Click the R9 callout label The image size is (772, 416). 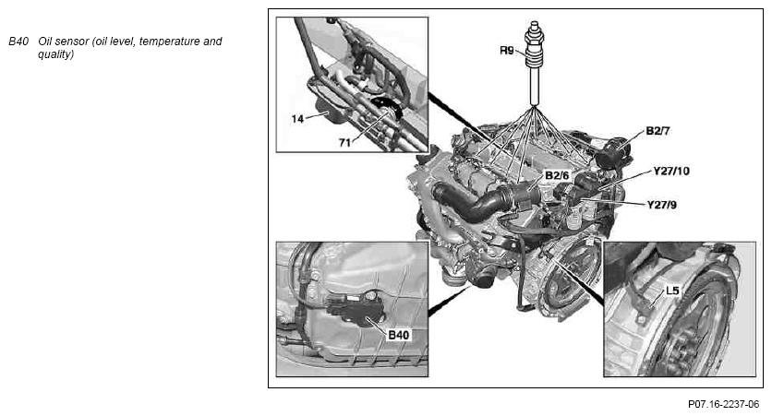point(507,51)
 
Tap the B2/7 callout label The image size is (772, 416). point(657,131)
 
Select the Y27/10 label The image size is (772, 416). point(671,172)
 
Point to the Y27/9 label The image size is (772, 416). point(662,205)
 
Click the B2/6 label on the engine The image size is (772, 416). point(557,175)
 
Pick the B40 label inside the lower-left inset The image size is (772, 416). point(399,335)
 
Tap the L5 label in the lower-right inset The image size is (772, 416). point(672,291)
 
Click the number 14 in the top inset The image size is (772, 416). point(297,119)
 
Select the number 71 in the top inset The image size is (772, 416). point(344,143)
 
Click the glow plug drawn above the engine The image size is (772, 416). point(534,63)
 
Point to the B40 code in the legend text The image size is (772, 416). point(18,42)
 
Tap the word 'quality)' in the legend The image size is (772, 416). point(56,54)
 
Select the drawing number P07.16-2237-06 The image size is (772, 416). point(723,404)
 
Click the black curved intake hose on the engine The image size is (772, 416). point(473,202)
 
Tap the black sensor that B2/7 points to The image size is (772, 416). point(613,151)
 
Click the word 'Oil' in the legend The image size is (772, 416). point(45,42)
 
